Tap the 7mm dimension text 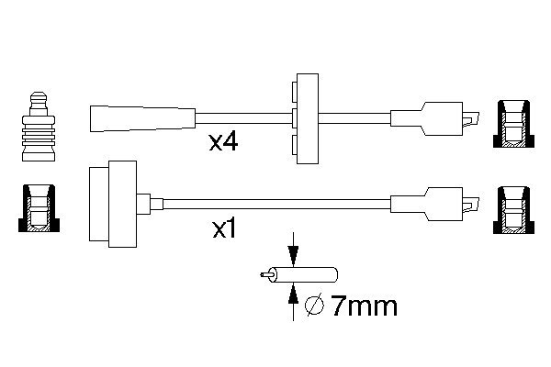[364, 306]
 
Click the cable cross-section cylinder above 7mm [307, 274]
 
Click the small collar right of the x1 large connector [147, 203]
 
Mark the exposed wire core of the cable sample [266, 273]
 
